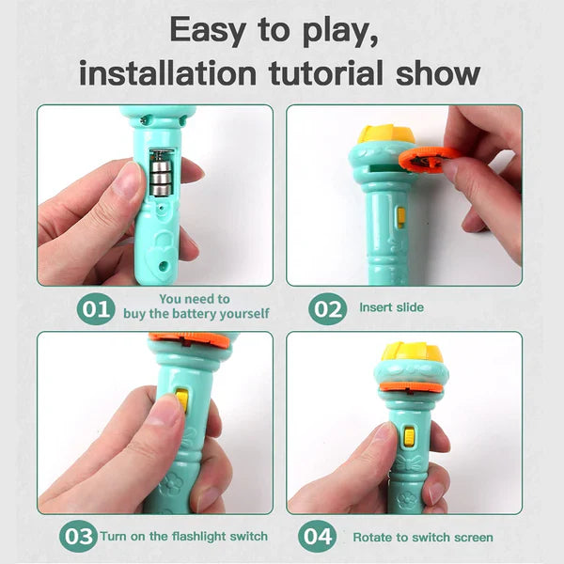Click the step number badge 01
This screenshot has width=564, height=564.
tap(95, 307)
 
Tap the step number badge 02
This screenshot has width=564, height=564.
tap(327, 307)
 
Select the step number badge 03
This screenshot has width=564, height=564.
tap(78, 537)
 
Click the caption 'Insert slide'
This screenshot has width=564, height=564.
tap(391, 307)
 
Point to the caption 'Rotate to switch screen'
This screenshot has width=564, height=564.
tap(422, 538)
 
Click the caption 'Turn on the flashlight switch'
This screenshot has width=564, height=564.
tap(184, 537)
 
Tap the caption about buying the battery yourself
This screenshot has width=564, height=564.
tap(196, 306)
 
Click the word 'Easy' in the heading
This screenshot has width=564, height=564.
tap(215, 30)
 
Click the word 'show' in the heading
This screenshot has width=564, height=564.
tap(441, 73)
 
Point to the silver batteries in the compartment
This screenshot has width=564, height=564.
tap(163, 172)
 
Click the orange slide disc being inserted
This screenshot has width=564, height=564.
tap(429, 159)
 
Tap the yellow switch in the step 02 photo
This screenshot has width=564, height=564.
tap(401, 217)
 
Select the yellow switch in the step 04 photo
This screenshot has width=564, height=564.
tap(409, 438)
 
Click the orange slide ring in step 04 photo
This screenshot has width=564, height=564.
tap(411, 384)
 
